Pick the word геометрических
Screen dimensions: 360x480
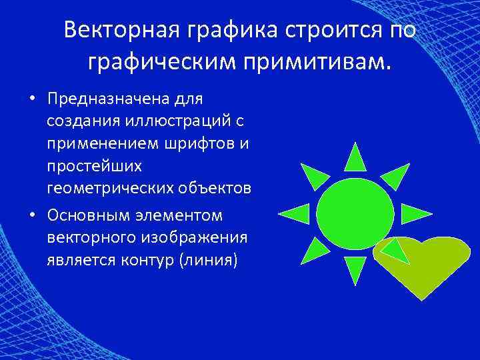coord(110,188)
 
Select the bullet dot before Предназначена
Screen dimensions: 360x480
coord(31,99)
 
